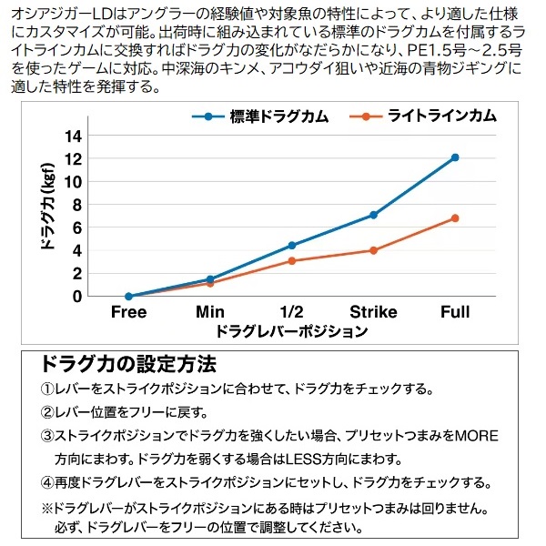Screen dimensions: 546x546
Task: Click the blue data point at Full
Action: (455, 157)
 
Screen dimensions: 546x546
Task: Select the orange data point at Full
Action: (455, 218)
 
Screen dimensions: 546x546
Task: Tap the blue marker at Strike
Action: (373, 215)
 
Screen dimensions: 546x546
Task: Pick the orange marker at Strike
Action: (373, 250)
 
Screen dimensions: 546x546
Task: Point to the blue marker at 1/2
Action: (291, 245)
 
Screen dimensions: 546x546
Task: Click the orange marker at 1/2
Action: (291, 261)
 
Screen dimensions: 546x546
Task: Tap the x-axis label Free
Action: (128, 312)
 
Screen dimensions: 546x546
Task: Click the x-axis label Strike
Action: (373, 312)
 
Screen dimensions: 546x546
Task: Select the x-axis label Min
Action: (210, 312)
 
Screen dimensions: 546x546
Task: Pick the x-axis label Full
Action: (455, 312)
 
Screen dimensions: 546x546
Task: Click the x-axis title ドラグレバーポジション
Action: (292, 332)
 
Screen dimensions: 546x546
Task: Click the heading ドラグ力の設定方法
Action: (128, 365)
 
